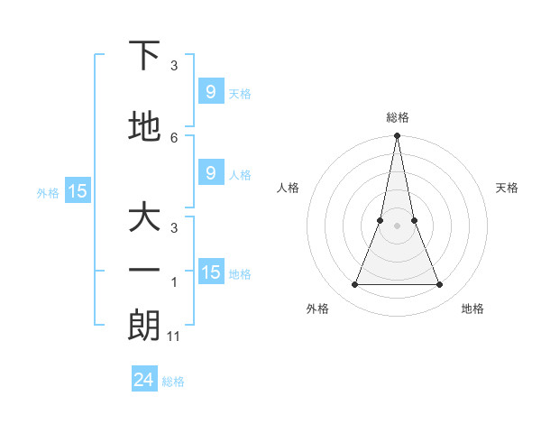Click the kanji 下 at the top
coord(144,56)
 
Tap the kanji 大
coord(144,218)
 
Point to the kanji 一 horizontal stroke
coord(144,271)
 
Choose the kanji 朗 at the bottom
coord(144,326)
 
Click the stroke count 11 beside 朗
coord(175,336)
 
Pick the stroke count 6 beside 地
coord(174,137)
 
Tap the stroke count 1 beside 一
coord(174,282)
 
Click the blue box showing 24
coord(144,380)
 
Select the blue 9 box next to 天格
coord(210,91)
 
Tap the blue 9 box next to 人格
coord(210,173)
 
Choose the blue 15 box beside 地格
coord(211,272)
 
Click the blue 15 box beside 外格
coord(77,190)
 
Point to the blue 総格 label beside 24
coord(173,382)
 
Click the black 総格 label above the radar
coord(397,117)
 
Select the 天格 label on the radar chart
coord(507,188)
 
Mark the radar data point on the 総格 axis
coord(397,136)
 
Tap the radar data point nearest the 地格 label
coord(440,285)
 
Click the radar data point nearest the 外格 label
coord(354,285)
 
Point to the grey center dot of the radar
coord(397,226)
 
